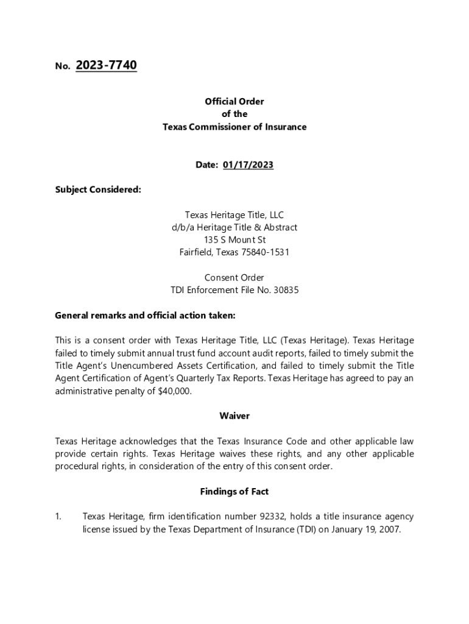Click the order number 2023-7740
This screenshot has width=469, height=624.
coord(106,65)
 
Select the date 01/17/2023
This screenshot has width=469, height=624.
coord(248,165)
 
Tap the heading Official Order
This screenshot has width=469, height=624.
coord(234,102)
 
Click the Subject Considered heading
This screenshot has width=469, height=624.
coord(98,190)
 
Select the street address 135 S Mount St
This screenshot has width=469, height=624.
coord(234,240)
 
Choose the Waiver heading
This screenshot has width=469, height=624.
coord(234,416)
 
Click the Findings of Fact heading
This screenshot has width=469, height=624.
coord(234,491)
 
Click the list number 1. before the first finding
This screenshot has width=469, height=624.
coord(58,517)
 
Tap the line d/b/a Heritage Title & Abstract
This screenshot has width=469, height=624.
coord(234,227)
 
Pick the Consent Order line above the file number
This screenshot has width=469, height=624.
coord(234,278)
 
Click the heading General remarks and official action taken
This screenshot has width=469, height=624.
coord(145,316)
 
